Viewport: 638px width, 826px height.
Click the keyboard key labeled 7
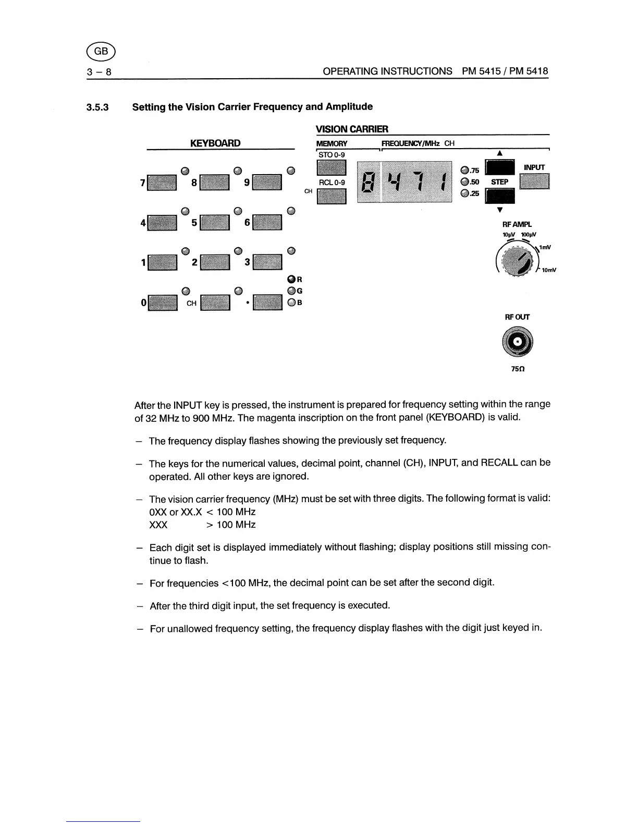(162, 183)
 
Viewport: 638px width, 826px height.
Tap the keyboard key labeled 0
(163, 303)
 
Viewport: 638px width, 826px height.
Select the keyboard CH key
(215, 303)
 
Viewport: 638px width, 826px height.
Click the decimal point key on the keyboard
(267, 303)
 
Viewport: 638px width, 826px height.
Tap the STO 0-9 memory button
(331, 168)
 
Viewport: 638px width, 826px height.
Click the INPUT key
(534, 181)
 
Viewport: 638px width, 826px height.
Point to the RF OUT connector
(517, 342)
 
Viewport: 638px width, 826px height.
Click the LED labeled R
(292, 280)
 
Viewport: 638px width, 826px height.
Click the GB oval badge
(101, 51)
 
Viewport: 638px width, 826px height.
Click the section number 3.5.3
(97, 107)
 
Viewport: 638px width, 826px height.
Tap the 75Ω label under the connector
(517, 369)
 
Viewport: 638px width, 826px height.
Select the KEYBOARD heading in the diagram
(215, 143)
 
